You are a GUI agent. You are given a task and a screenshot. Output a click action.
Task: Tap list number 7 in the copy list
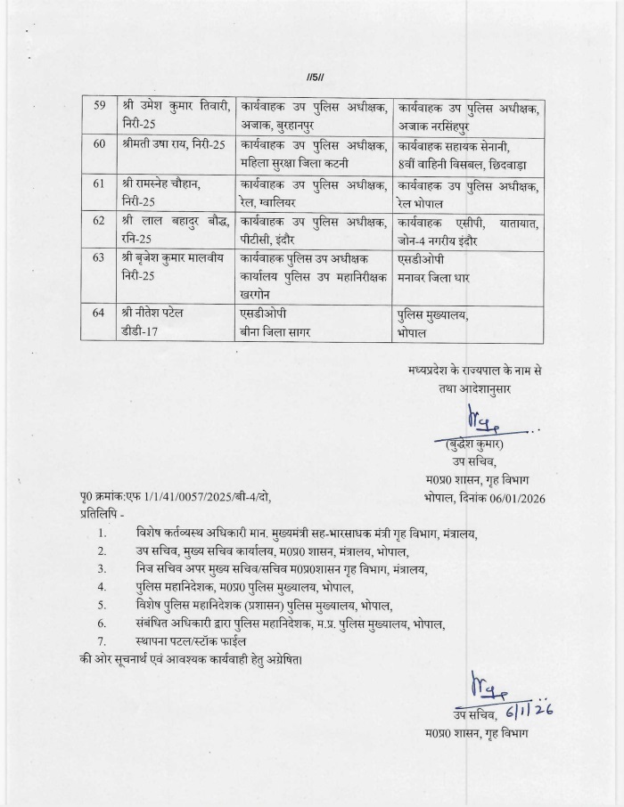coord(103,641)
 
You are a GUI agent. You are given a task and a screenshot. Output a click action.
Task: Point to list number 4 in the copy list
coord(103,586)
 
